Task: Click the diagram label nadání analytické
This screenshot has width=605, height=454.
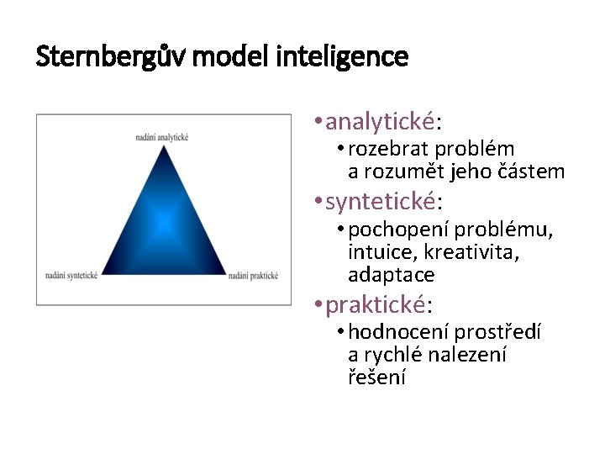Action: [161, 137]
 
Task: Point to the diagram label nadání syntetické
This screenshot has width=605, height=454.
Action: [72, 275]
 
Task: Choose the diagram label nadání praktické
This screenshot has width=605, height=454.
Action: [253, 275]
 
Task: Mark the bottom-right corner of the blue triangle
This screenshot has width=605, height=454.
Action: [226, 275]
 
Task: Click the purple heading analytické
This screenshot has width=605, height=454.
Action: [381, 123]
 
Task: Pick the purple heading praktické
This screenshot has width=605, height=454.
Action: [376, 304]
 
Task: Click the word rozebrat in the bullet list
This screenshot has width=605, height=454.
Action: [383, 150]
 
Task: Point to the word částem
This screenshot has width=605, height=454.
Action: [531, 172]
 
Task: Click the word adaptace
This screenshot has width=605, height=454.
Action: [391, 275]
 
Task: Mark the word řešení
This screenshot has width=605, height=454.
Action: [376, 377]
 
